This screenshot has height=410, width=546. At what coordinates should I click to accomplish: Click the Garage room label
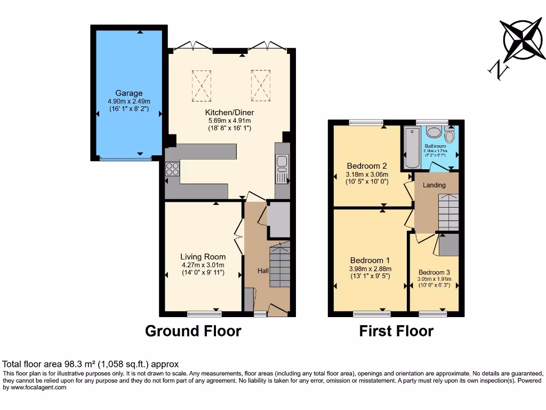click(129, 93)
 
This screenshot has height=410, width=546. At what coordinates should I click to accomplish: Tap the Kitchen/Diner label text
click(229, 113)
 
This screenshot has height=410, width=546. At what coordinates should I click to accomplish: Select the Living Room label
click(203, 257)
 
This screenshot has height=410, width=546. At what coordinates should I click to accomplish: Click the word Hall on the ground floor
click(263, 271)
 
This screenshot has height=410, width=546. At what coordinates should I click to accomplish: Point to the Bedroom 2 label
click(367, 166)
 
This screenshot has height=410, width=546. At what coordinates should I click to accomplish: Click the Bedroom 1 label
click(370, 261)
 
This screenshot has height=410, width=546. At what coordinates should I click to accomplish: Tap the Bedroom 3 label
click(435, 272)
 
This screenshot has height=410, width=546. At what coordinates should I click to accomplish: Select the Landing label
click(434, 185)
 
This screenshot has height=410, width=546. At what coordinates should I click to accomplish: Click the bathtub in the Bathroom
click(411, 147)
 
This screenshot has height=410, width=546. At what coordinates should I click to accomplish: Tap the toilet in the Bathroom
click(449, 136)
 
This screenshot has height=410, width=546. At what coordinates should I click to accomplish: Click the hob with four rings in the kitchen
click(173, 169)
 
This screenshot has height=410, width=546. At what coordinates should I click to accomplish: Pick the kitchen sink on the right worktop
click(282, 162)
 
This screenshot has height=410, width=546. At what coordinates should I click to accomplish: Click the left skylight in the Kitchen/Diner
click(202, 85)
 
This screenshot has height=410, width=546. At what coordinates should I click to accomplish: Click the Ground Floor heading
click(193, 332)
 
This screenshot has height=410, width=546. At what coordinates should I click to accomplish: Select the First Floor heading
click(396, 332)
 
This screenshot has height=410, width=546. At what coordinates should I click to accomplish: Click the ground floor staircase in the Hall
click(279, 265)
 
